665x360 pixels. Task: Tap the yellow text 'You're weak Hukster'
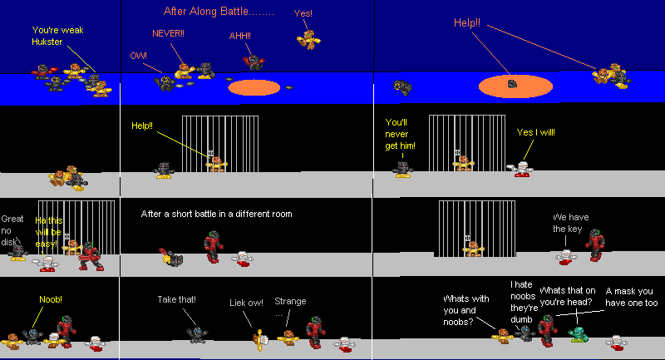[x=57, y=36]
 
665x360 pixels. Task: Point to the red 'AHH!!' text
[x=240, y=37]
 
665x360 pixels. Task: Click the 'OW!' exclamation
[x=138, y=56]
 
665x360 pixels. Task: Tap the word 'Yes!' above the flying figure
[x=303, y=13]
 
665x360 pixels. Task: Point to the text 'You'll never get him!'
[x=401, y=134]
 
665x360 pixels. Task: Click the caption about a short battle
[x=217, y=214]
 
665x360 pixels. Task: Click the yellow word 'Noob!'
[x=51, y=299]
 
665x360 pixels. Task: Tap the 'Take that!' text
[x=176, y=299]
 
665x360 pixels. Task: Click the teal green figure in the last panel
[x=577, y=335]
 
